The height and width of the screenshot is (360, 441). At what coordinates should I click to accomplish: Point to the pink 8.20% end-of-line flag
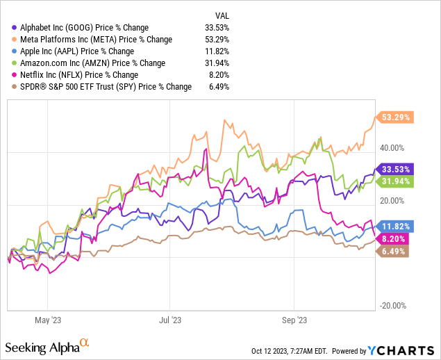(392, 238)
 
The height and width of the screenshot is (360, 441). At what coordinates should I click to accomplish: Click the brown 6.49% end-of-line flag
(392, 252)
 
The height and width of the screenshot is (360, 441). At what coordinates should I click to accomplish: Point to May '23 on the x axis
(47, 320)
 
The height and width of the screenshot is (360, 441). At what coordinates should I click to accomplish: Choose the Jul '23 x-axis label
(170, 320)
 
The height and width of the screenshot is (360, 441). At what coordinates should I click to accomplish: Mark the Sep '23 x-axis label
(294, 320)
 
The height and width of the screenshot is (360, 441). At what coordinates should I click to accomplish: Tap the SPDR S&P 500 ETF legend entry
(101, 86)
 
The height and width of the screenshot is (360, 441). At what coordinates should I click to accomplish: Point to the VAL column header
(220, 15)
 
